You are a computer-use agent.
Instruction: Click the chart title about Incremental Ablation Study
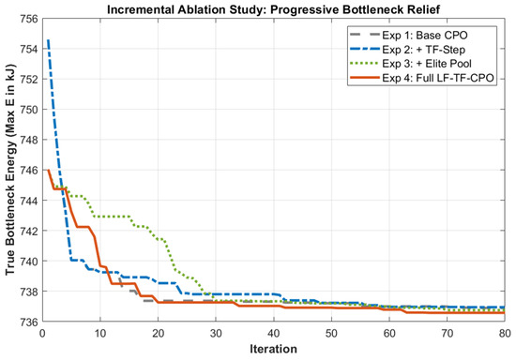click(x=273, y=9)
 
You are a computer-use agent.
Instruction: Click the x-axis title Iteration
click(x=273, y=349)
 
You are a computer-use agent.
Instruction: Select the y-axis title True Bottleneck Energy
click(x=10, y=170)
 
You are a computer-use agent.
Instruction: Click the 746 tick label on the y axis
click(x=29, y=170)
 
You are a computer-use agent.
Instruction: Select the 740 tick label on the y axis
click(x=29, y=261)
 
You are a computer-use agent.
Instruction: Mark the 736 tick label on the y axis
click(x=29, y=322)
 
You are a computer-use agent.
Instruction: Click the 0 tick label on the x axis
click(x=42, y=334)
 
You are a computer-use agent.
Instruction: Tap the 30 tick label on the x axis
click(x=216, y=334)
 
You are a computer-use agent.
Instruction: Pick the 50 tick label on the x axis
click(x=331, y=334)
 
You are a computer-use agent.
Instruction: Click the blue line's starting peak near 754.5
click(x=49, y=40)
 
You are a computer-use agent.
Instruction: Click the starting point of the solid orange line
click(x=49, y=170)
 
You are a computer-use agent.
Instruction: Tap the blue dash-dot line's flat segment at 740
click(x=77, y=261)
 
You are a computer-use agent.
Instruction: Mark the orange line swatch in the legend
click(x=364, y=78)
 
